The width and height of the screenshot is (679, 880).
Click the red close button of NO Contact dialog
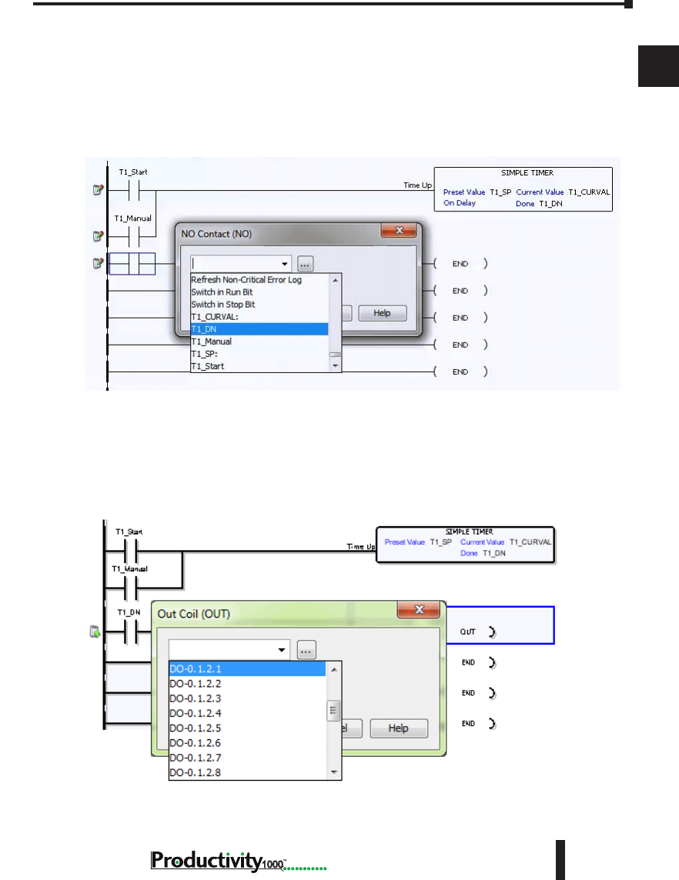pos(400,231)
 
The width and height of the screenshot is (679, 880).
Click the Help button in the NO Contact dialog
pos(382,313)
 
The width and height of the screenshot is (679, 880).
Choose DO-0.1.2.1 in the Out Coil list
pos(247,669)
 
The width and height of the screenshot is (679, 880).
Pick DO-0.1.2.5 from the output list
pos(247,728)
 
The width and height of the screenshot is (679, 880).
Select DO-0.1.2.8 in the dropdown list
pos(247,772)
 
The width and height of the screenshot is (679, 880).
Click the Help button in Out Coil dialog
pos(398,728)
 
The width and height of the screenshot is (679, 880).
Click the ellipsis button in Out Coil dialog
pos(306,651)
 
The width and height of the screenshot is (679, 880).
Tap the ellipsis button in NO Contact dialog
pos(306,264)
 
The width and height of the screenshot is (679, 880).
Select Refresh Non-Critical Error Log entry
pos(246,280)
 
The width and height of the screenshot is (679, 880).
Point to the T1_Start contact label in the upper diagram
pos(133,172)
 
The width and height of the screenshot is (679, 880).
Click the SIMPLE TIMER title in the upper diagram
pos(523,173)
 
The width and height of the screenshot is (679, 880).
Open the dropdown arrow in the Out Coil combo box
pos(283,651)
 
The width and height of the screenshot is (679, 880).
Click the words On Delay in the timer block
pos(460,203)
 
